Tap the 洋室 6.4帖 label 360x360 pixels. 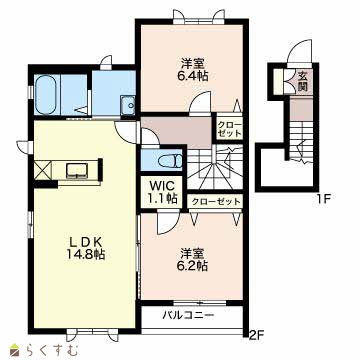pos(195,70)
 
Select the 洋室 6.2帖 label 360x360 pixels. pos(195,260)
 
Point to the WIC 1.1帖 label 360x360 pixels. pos(162,192)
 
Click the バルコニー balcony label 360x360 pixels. pos(188,315)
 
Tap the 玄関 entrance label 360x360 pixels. pos(302,81)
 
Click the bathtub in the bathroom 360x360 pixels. pos(47,91)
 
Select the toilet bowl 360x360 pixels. pos(170,161)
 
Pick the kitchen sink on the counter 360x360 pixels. pos(77,169)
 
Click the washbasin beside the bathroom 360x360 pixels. pos(128,104)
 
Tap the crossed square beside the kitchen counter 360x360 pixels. pos(43,169)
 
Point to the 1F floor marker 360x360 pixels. pos(323,200)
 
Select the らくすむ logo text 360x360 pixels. pos(52,350)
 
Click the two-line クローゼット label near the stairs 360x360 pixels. pos(229,129)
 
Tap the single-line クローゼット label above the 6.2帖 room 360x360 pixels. pos(216,201)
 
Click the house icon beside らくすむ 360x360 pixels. pos(15,349)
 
